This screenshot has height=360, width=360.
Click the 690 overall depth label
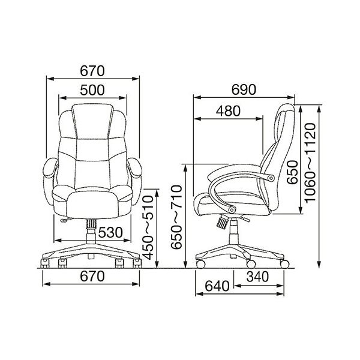[244, 89]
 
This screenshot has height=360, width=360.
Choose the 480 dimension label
[228, 111]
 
